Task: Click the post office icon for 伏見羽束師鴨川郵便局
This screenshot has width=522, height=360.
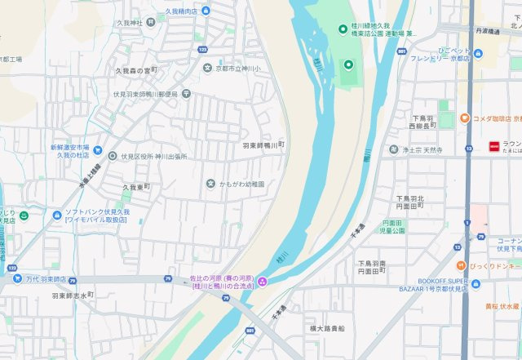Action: pyautogui.click(x=187, y=93)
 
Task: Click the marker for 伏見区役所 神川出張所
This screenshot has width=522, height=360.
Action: pyautogui.click(x=112, y=155)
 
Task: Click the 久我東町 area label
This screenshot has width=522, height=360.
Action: pyautogui.click(x=136, y=187)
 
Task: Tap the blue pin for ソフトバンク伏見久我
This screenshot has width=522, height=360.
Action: pyautogui.click(x=56, y=216)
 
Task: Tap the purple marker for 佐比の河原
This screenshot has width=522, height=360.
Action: pyautogui.click(x=262, y=282)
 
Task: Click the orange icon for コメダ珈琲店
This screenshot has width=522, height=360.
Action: pyautogui.click(x=463, y=118)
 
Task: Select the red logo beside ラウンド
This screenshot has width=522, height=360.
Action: pyautogui.click(x=493, y=146)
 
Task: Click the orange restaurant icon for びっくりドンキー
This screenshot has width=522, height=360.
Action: pyautogui.click(x=462, y=266)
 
